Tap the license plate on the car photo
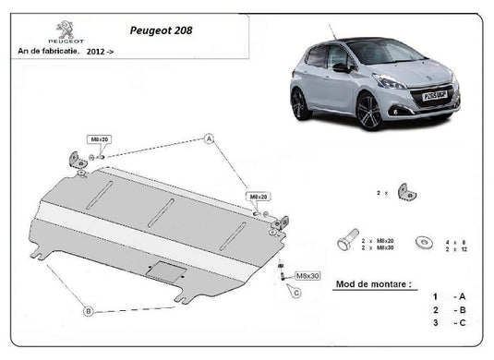(x=435, y=95)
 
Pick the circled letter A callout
(x=210, y=139)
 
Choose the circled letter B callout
(x=90, y=311)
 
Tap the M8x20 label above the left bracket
(x=99, y=138)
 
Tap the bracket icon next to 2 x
(x=404, y=192)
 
